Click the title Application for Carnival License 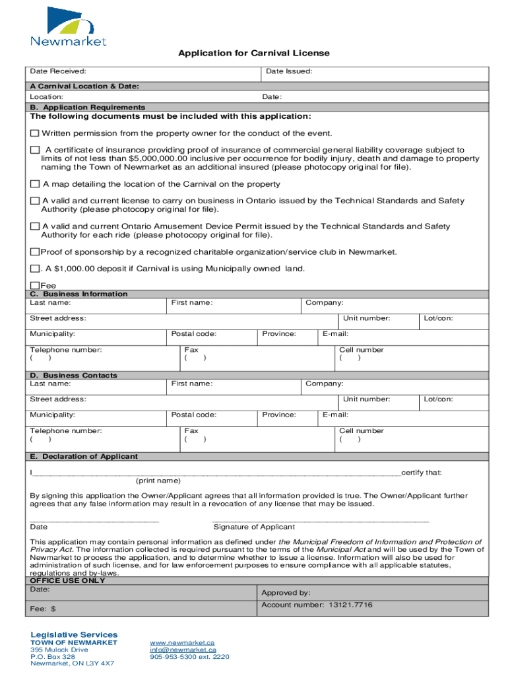[253, 53]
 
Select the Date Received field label [57, 71]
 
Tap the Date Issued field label [289, 71]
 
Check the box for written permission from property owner [35, 133]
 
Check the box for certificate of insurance [35, 151]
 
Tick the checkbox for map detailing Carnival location [35, 184]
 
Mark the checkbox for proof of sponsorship [35, 252]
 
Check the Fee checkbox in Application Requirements [35, 286]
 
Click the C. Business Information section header [79, 294]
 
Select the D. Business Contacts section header [73, 375]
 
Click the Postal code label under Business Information [193, 334]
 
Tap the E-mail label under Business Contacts [335, 415]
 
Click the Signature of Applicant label [254, 527]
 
